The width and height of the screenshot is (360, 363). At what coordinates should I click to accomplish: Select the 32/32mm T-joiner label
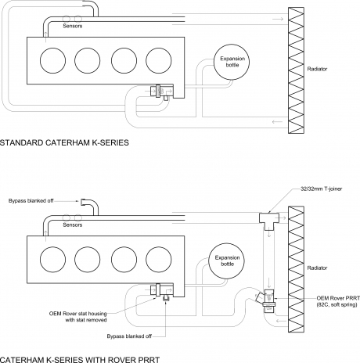pyautogui.click(x=321, y=189)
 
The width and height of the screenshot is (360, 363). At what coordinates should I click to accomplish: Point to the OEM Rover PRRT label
pyautogui.click(x=338, y=301)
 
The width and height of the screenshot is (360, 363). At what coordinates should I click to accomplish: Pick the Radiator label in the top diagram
pyautogui.click(x=317, y=69)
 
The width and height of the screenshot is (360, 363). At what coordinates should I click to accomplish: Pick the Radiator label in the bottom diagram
pyautogui.click(x=317, y=268)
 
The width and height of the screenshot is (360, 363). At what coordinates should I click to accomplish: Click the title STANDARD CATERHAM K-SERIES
pyautogui.click(x=64, y=142)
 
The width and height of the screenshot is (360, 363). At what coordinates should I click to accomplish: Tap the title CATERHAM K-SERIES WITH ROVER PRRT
pyautogui.click(x=80, y=360)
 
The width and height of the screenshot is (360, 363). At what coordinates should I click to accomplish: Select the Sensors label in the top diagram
pyautogui.click(x=73, y=26)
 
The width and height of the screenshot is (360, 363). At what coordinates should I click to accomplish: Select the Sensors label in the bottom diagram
pyautogui.click(x=73, y=225)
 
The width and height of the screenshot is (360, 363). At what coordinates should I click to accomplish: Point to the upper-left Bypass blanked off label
pyautogui.click(x=31, y=201)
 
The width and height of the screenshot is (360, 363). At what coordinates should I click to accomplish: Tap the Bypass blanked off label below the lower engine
pyautogui.click(x=129, y=336)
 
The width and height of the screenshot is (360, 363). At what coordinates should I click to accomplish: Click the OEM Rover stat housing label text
pyautogui.click(x=78, y=317)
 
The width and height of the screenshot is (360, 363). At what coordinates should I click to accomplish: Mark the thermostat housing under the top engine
pyautogui.click(x=162, y=92)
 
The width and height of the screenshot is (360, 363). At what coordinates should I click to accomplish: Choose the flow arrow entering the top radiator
pyautogui.click(x=278, y=19)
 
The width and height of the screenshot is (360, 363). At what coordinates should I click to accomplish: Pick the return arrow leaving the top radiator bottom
pyautogui.click(x=277, y=122)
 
